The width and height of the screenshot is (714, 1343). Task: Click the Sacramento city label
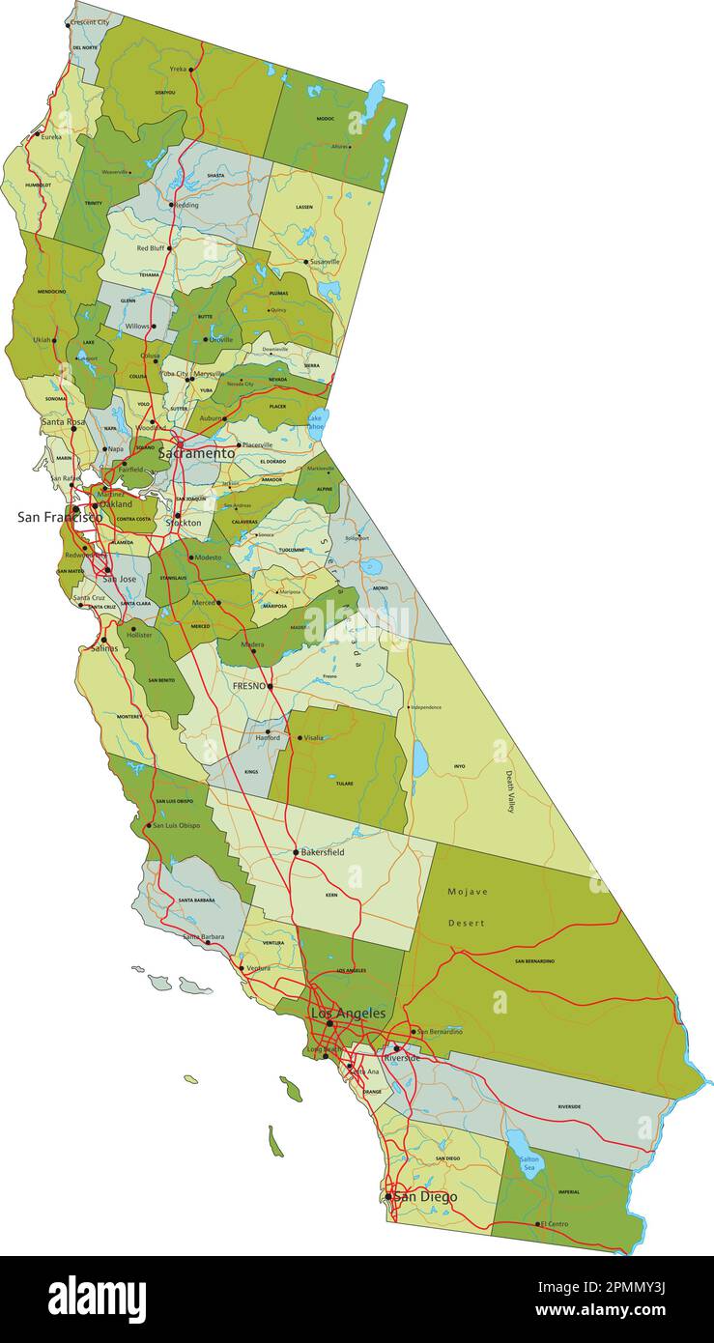click(196, 453)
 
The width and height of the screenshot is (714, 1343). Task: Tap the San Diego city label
click(425, 1197)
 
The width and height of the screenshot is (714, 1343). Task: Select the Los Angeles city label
click(348, 1014)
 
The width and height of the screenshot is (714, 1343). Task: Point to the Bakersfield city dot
click(296, 852)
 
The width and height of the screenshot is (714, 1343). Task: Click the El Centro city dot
click(538, 1224)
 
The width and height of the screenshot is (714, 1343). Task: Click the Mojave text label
click(468, 892)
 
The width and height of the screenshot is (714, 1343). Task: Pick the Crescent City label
click(90, 22)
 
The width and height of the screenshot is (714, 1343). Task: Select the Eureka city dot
click(38, 135)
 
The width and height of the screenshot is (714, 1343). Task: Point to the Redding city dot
click(171, 205)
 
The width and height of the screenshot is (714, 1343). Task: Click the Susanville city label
click(325, 262)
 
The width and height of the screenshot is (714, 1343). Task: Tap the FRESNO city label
click(248, 686)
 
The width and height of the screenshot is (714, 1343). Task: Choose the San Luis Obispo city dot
click(148, 826)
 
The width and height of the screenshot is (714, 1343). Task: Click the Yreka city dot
click(191, 70)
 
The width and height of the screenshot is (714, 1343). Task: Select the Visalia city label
click(314, 738)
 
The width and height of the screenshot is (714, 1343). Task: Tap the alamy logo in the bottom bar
click(97, 1299)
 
